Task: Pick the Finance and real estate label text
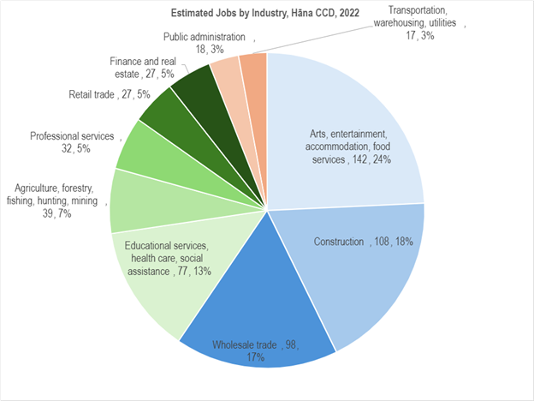coord(142,68)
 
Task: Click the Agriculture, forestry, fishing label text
coord(58,200)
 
